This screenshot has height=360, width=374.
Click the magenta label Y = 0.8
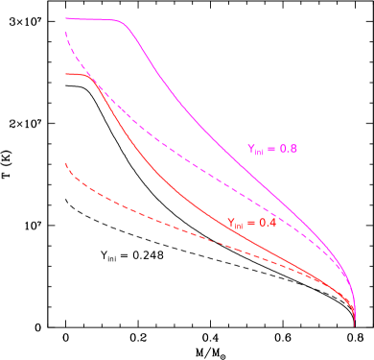[x=272, y=149]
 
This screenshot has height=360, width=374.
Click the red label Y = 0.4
[x=251, y=223]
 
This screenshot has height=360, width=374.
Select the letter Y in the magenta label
[x=251, y=148]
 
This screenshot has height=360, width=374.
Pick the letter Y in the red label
[x=231, y=222]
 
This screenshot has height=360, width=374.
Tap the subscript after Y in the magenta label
[x=260, y=152]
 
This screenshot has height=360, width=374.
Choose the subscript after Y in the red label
[x=239, y=226]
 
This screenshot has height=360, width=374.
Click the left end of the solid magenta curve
[x=66, y=18]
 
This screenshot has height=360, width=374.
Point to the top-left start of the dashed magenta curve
[x=66, y=34]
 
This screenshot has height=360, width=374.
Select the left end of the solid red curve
[x=66, y=74]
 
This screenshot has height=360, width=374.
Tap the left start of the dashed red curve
[x=66, y=164]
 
